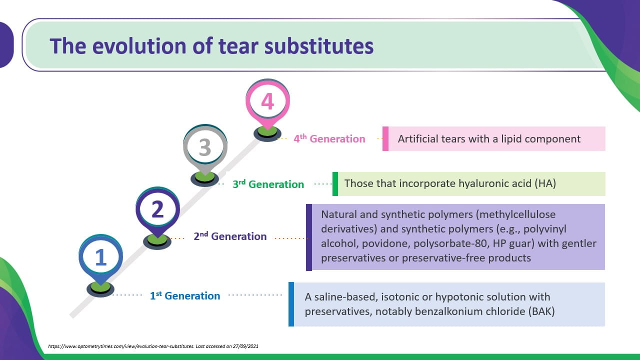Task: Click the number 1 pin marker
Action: (x=100, y=257)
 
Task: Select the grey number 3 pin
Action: (x=205, y=148)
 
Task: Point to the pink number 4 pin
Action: (x=267, y=101)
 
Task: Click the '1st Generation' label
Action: (x=185, y=296)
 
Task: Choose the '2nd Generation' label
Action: (x=230, y=236)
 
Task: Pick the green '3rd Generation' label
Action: (x=268, y=184)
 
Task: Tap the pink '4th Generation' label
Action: (x=329, y=139)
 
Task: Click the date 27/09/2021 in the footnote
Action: (x=244, y=346)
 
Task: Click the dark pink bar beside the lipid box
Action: (x=385, y=139)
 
